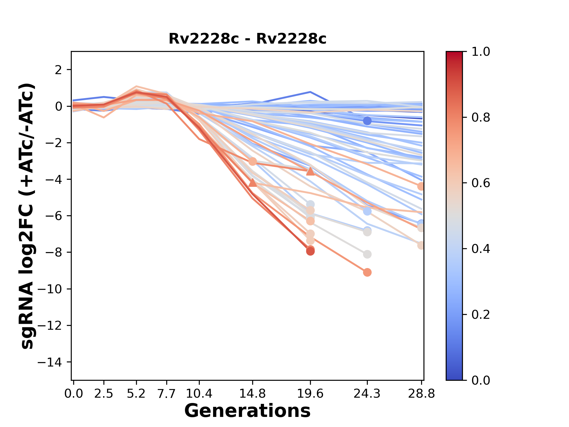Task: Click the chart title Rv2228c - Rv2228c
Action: click(x=247, y=39)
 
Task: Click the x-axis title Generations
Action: click(x=247, y=411)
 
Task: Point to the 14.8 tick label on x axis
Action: click(x=252, y=394)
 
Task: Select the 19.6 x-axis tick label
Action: click(x=310, y=394)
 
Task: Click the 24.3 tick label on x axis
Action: click(x=367, y=394)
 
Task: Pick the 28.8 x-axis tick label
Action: click(x=421, y=394)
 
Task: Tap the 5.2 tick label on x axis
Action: click(x=136, y=394)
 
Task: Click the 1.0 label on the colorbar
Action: click(x=481, y=52)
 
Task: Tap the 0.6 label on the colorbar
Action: click(x=481, y=183)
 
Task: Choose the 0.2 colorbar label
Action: click(x=481, y=315)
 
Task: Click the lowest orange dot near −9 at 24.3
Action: click(x=367, y=272)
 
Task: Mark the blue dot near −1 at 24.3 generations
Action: click(x=367, y=121)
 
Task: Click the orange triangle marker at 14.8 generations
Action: click(x=252, y=183)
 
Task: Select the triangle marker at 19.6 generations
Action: click(x=310, y=171)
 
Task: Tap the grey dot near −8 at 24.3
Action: click(x=367, y=254)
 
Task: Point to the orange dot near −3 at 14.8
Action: click(x=252, y=162)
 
